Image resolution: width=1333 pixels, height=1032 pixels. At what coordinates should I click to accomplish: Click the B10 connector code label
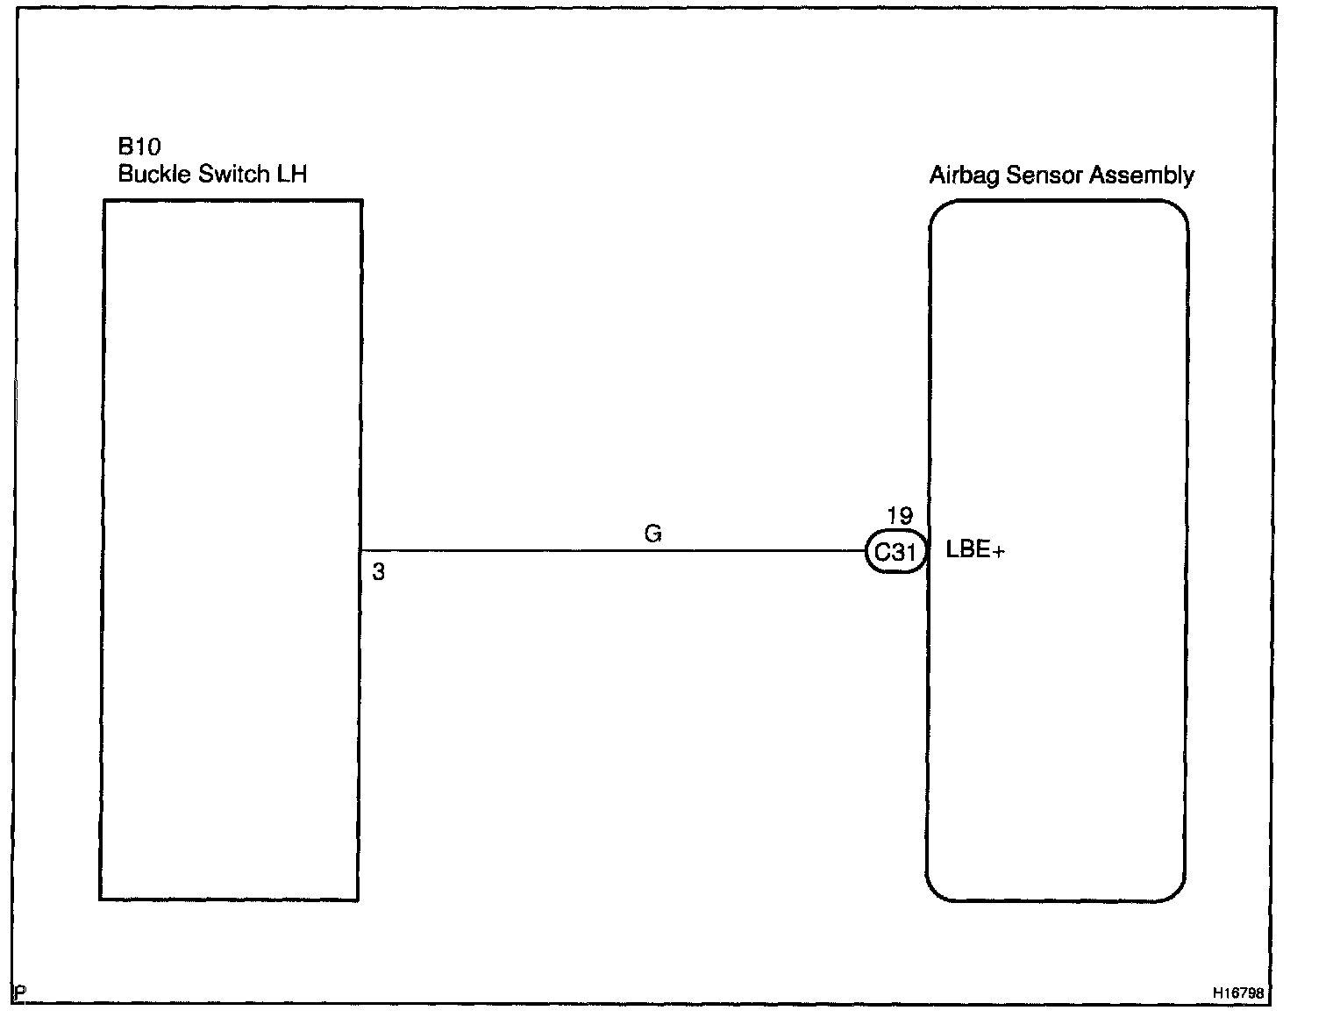pyautogui.click(x=139, y=147)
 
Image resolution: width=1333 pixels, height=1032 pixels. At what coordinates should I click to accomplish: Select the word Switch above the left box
pyautogui.click(x=233, y=174)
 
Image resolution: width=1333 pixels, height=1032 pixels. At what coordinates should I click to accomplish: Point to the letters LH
pyautogui.click(x=292, y=174)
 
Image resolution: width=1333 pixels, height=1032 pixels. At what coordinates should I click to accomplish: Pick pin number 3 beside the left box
pyautogui.click(x=378, y=573)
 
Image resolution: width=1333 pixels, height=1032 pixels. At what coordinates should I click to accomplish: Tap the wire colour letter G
pyautogui.click(x=652, y=534)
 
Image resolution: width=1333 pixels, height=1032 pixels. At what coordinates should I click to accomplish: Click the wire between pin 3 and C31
pyautogui.click(x=614, y=551)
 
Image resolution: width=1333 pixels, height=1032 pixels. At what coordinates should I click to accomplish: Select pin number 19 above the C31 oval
pyautogui.click(x=899, y=517)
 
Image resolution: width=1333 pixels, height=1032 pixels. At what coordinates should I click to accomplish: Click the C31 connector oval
pyautogui.click(x=895, y=552)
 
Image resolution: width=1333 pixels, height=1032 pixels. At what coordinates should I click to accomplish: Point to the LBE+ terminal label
pyautogui.click(x=975, y=551)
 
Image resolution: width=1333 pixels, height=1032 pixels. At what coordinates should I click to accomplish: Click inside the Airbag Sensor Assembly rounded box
pyautogui.click(x=1057, y=702)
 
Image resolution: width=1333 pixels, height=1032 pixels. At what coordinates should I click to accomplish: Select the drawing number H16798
pyautogui.click(x=1238, y=993)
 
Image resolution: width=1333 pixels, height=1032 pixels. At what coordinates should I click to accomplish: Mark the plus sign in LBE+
pyautogui.click(x=999, y=552)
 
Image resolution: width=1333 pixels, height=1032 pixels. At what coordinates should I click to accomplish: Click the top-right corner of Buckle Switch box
pyautogui.click(x=361, y=201)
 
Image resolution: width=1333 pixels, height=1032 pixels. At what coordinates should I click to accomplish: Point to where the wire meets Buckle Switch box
pyautogui.click(x=360, y=551)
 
